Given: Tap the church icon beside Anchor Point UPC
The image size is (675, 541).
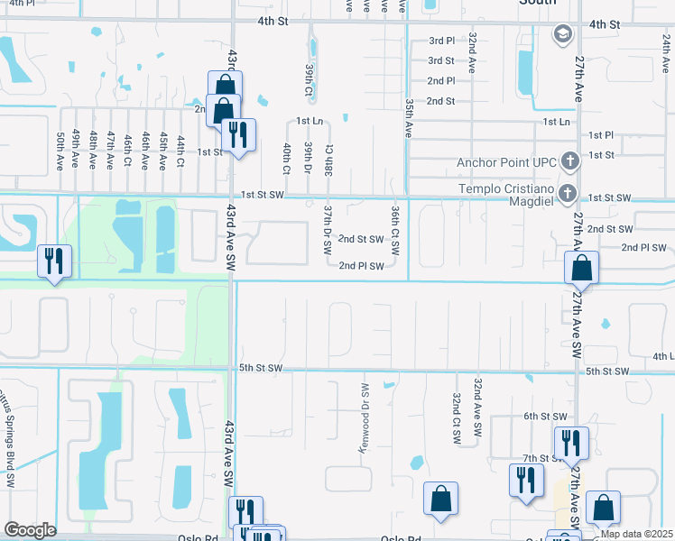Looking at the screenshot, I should [569, 162].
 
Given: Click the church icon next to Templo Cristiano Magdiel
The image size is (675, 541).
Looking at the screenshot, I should [568, 192].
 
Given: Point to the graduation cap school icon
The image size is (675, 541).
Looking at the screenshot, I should [561, 34].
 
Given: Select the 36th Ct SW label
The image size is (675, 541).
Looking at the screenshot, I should [395, 227].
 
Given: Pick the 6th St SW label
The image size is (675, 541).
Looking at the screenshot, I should [544, 416].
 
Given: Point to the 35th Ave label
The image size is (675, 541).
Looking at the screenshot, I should [409, 118].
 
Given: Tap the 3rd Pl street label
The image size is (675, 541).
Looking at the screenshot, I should [441, 41].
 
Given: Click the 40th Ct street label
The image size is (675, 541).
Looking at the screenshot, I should [286, 158].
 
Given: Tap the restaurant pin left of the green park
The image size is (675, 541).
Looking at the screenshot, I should [55, 262].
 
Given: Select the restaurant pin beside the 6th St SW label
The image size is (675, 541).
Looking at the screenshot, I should [571, 443].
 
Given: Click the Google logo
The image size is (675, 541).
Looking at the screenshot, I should [30, 530].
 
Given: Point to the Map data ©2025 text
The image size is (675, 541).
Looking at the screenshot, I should [637, 534].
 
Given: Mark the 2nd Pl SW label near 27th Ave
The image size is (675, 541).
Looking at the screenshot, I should [643, 247].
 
